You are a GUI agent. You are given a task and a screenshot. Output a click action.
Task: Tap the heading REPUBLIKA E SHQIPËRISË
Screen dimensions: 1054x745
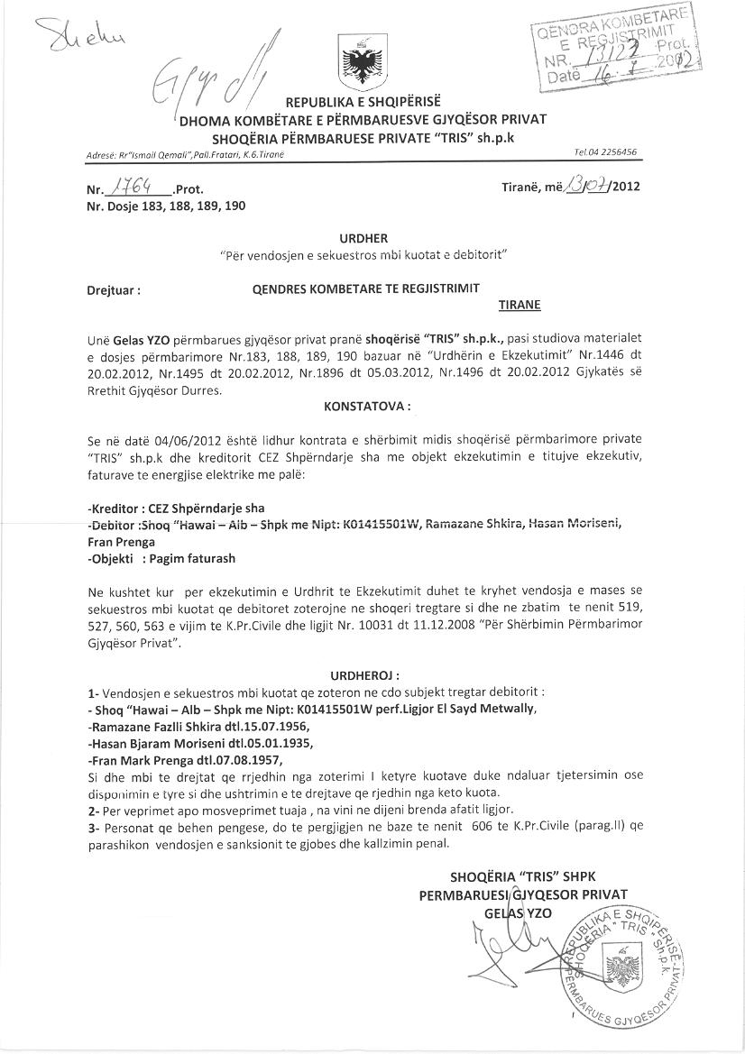pyautogui.click(x=363, y=100)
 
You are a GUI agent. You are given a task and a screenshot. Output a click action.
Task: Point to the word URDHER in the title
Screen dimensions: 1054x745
pyautogui.click(x=363, y=239)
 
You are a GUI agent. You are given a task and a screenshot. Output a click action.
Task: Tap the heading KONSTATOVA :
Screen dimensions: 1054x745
pyautogui.click(x=366, y=407)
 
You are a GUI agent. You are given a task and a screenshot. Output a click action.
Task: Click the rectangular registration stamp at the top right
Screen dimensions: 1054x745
pyautogui.click(x=614, y=46)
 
